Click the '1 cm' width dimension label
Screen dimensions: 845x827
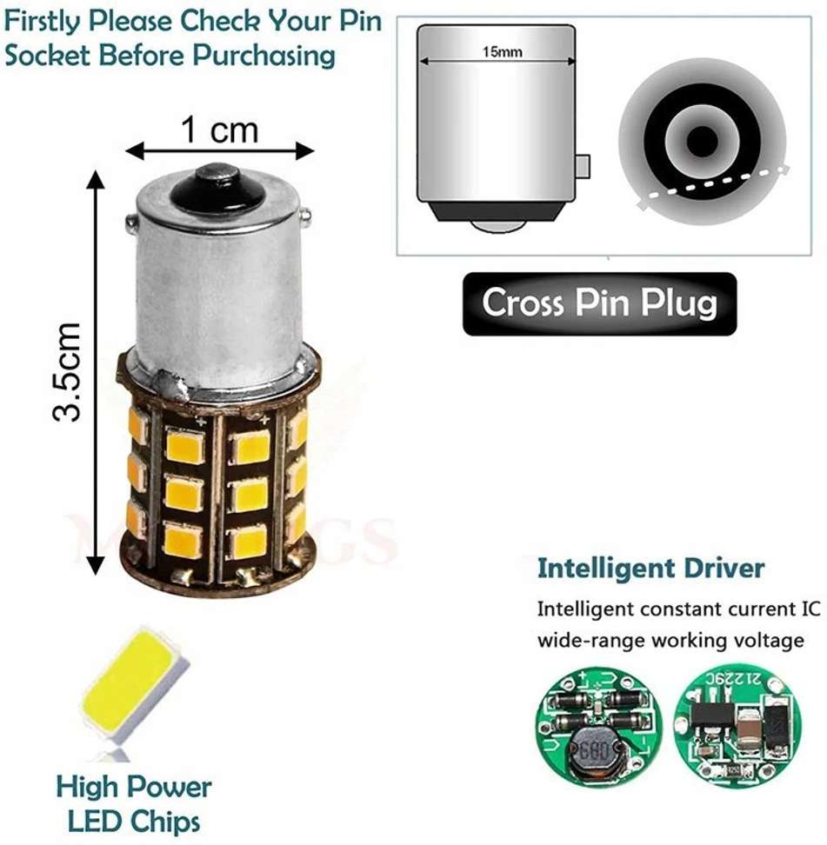pos(219,130)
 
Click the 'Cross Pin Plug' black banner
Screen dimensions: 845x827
pos(599,304)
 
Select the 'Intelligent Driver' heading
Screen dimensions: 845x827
pos(650,569)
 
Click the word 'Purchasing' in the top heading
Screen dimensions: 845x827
pos(264,55)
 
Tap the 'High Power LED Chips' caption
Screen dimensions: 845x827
pos(133,803)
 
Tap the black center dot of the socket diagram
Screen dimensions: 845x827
pos(701,138)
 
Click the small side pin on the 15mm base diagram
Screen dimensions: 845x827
pos(584,163)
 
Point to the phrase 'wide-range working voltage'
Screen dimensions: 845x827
pos(670,641)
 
